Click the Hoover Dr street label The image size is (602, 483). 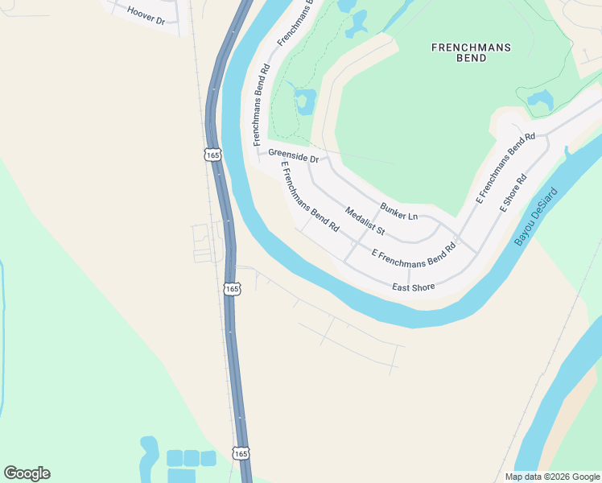(146, 15)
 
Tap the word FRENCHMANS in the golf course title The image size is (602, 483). (471, 47)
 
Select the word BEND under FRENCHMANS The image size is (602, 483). (471, 58)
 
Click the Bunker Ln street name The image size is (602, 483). (399, 213)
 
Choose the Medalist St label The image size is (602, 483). (365, 221)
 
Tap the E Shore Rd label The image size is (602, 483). (512, 192)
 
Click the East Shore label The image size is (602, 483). (413, 287)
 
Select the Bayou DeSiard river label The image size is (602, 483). (535, 218)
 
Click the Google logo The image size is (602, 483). (27, 473)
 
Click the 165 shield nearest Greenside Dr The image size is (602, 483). (212, 155)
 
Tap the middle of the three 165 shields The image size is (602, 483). (232, 287)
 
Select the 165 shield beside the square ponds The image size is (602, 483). (241, 453)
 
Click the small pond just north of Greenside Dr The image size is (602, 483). (304, 101)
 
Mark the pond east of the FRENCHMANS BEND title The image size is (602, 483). (539, 100)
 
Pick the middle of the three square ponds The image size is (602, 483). (191, 458)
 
